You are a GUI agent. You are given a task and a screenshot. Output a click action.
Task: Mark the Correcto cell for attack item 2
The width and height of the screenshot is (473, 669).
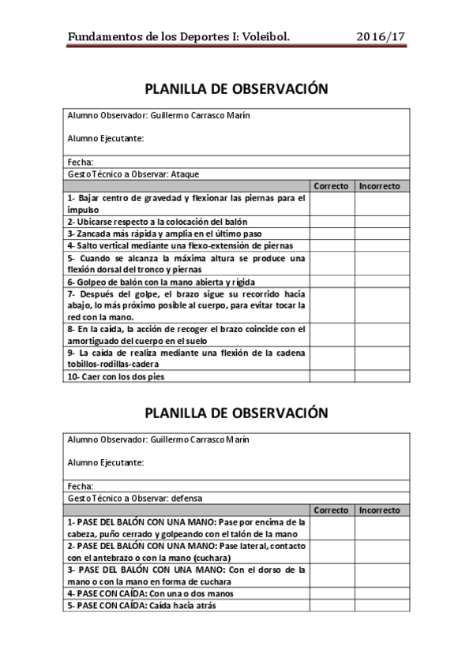pyautogui.click(x=332, y=222)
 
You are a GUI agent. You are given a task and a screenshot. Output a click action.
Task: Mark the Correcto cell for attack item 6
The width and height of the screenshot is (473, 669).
pyautogui.click(x=332, y=281)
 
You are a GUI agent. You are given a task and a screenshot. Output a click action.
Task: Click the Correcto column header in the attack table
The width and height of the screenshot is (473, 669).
pyautogui.click(x=332, y=186)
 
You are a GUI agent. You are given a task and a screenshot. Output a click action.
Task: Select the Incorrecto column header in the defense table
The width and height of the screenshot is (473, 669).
pyautogui.click(x=380, y=510)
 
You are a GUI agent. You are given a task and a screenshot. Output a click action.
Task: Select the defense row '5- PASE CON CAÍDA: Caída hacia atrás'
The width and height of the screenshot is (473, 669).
pyautogui.click(x=142, y=605)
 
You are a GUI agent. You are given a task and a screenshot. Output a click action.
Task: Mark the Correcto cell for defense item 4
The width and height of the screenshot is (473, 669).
pyautogui.click(x=332, y=593)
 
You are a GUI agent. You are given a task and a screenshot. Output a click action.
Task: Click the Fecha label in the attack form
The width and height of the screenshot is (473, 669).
pyautogui.click(x=81, y=162)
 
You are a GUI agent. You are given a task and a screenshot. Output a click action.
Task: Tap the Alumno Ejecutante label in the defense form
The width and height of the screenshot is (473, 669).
pyautogui.click(x=106, y=462)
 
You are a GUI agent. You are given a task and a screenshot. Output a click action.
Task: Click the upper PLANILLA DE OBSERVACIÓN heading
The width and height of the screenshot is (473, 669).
pyautogui.click(x=237, y=88)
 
